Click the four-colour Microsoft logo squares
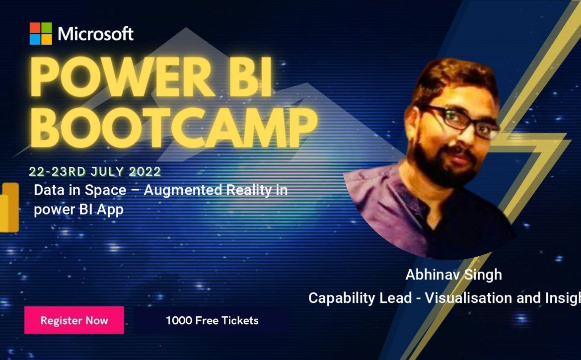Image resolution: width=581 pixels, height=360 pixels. click(x=41, y=34)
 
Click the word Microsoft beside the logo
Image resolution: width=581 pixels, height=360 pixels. click(x=96, y=34)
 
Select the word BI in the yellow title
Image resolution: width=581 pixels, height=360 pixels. click(x=253, y=77)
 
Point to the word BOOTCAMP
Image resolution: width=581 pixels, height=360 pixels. click(x=173, y=128)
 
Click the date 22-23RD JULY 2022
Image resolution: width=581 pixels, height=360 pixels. click(x=95, y=171)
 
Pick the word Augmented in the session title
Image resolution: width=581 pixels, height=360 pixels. click(x=183, y=190)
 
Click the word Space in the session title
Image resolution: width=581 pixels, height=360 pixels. click(x=106, y=190)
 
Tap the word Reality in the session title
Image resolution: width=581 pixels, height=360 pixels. click(x=249, y=190)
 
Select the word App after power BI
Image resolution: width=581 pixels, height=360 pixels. click(x=110, y=210)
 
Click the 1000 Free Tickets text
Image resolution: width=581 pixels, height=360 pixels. click(x=212, y=320)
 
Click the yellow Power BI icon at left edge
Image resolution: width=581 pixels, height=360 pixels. click(x=9, y=208)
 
